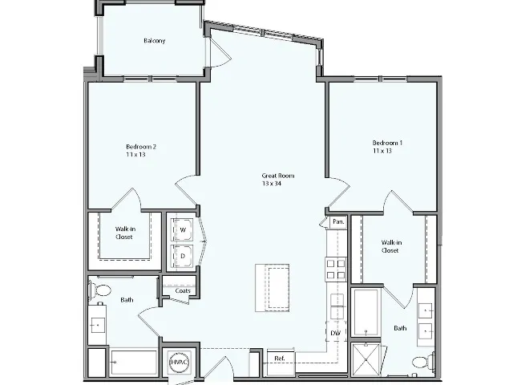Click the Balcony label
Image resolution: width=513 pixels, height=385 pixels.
pyautogui.click(x=155, y=41)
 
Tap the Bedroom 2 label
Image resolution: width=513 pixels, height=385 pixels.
pyautogui.click(x=141, y=147)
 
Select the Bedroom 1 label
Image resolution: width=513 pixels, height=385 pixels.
pyautogui.click(x=387, y=143)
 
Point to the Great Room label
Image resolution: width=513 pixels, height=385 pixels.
pyautogui.click(x=279, y=176)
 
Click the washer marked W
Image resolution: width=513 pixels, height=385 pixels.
pyautogui.click(x=182, y=230)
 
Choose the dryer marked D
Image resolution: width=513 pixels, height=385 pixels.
pyautogui.click(x=182, y=256)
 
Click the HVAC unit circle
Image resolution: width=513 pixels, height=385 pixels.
pyautogui.click(x=177, y=363)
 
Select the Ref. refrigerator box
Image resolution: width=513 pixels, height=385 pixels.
pyautogui.click(x=281, y=358)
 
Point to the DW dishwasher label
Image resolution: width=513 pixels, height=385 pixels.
pyautogui.click(x=335, y=332)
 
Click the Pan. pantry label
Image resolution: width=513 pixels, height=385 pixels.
pyautogui.click(x=338, y=221)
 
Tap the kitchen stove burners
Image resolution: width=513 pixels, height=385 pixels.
pyautogui.click(x=336, y=269)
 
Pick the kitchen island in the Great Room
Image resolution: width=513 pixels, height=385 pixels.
pyautogui.click(x=271, y=287)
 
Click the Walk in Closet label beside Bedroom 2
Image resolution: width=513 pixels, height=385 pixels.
pyautogui.click(x=124, y=233)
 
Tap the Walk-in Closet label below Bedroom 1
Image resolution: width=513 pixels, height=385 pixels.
pyautogui.click(x=390, y=246)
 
